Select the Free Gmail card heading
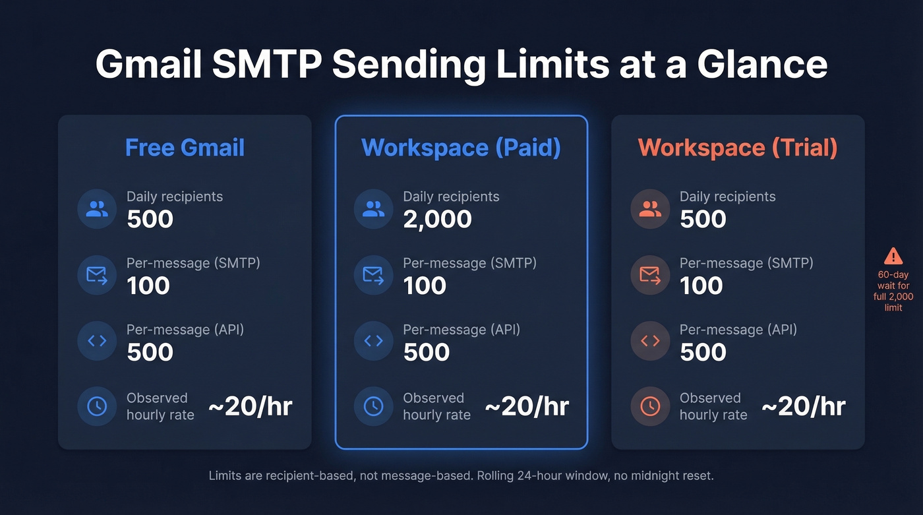pos(185,147)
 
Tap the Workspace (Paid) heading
pos(461,147)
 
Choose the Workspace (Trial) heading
pos(738,147)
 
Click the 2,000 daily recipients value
pos(437,219)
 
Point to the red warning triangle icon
pos(893,256)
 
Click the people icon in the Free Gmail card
pos(97,209)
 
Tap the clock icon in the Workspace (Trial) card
pos(650,406)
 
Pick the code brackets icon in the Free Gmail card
pos(97,340)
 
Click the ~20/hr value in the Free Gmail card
pos(250,406)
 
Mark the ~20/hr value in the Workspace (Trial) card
pos(803,406)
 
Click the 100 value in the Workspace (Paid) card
pos(425,286)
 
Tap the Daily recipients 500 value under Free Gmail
pos(150,219)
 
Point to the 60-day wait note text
pos(893,291)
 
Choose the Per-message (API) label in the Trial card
pos(738,329)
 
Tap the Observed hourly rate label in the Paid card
pos(436,406)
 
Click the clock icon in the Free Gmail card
pos(97,406)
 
